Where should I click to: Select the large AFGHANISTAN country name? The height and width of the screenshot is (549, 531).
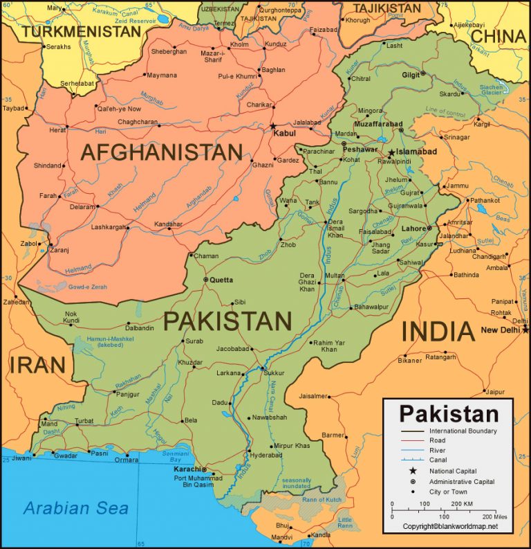pyautogui.click(x=162, y=152)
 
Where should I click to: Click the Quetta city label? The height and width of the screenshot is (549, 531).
pyautogui.click(x=221, y=280)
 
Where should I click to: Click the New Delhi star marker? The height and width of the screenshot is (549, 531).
pyautogui.click(x=526, y=330)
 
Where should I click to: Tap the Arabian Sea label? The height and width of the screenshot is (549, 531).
pyautogui.click(x=76, y=509)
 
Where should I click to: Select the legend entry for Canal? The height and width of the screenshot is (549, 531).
pyautogui.click(x=438, y=460)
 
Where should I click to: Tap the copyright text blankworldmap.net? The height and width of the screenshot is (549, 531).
pyautogui.click(x=450, y=527)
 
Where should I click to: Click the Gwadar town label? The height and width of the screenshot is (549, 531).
pyautogui.click(x=66, y=456)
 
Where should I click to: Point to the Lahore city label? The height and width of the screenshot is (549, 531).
pyautogui.click(x=413, y=228)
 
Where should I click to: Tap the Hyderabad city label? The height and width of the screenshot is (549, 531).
pyautogui.click(x=265, y=456)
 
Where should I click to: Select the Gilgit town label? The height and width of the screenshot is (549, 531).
pyautogui.click(x=411, y=75)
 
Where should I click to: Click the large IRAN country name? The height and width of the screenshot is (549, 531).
pyautogui.click(x=37, y=365)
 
